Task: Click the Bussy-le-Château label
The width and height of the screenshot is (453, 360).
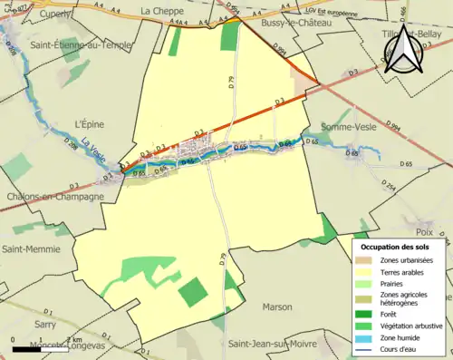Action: point(294,20)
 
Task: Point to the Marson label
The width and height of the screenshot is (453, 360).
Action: point(276,307)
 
